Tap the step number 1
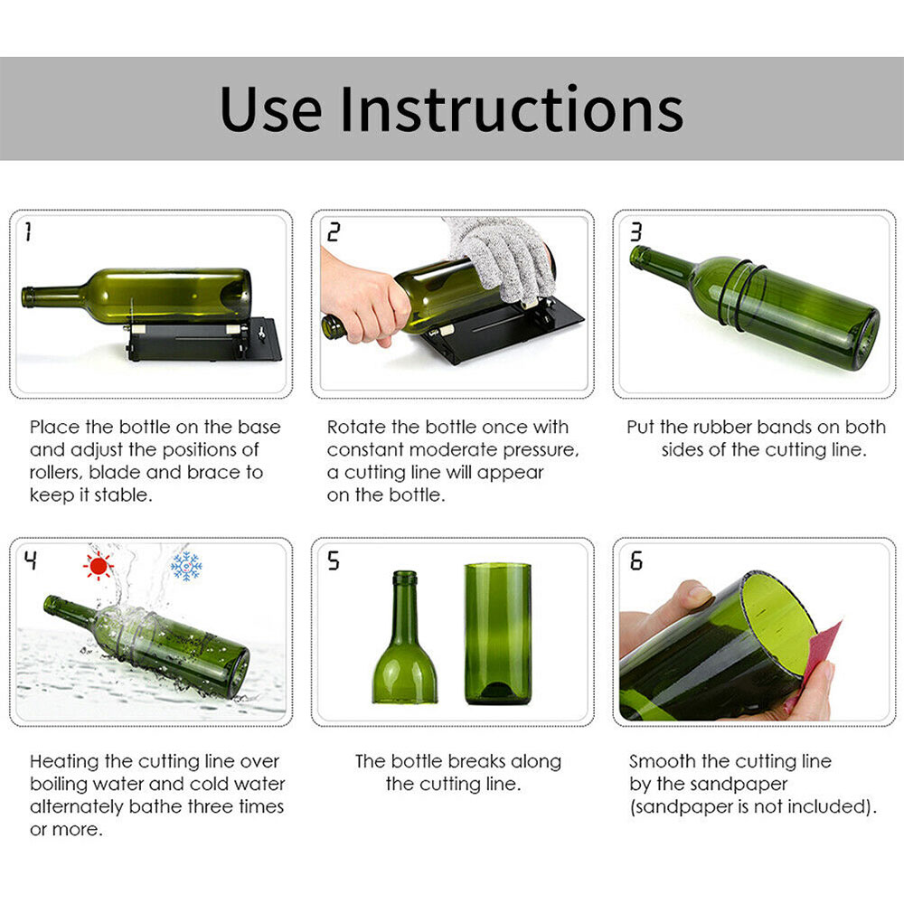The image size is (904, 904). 27,232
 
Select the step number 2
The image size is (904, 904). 334,232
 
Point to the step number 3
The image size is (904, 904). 636,232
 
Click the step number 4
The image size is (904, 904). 31,561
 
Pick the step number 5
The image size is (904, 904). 334,561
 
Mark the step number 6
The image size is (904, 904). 636,561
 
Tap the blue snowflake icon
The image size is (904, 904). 186,567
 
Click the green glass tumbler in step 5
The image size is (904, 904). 497,633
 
